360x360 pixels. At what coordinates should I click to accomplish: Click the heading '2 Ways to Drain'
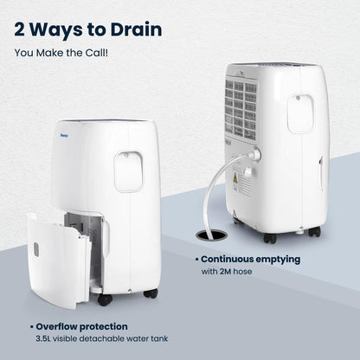click(88, 29)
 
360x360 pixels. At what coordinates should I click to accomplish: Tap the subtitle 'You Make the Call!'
click(61, 53)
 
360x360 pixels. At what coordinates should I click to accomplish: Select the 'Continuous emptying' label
click(250, 260)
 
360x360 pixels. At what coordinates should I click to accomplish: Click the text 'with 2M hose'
click(227, 272)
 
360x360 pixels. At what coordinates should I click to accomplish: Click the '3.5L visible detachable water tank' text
click(102, 338)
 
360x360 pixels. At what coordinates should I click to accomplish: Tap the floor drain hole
click(212, 235)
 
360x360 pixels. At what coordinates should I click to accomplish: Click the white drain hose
click(219, 184)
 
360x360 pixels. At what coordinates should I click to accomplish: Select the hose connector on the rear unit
click(255, 154)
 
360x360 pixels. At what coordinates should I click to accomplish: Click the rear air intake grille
click(241, 110)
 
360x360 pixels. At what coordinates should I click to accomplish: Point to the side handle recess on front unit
click(128, 171)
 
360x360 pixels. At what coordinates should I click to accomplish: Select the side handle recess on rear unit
click(300, 113)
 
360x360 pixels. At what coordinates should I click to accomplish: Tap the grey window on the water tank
click(36, 249)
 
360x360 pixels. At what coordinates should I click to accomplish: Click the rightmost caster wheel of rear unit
click(314, 231)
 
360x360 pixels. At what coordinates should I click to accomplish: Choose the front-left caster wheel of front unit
click(105, 300)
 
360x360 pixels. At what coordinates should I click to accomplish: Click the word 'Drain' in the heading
click(136, 29)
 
